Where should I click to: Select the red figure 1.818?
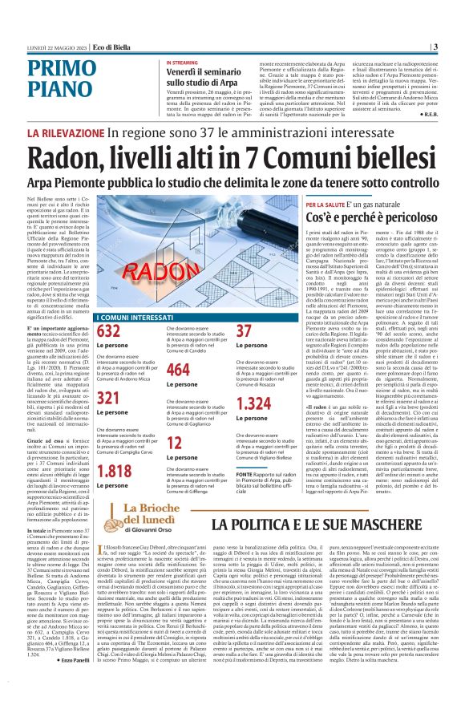114,471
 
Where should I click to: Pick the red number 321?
109,399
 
